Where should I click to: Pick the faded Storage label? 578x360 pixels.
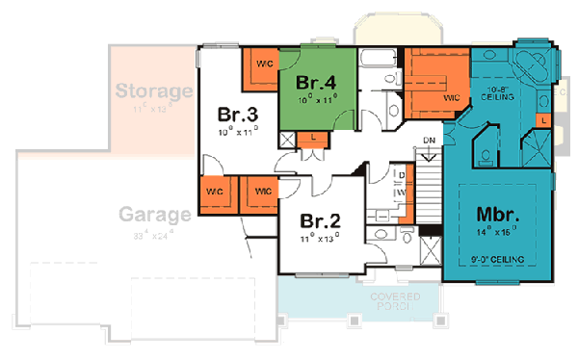pyautogui.click(x=154, y=92)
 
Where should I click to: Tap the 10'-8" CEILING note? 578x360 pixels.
pyautogui.click(x=497, y=93)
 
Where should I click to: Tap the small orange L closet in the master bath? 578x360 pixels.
pyautogui.click(x=544, y=118)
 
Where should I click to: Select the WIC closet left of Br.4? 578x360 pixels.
pyautogui.click(x=261, y=64)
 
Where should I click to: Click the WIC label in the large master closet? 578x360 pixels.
pyautogui.click(x=450, y=97)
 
